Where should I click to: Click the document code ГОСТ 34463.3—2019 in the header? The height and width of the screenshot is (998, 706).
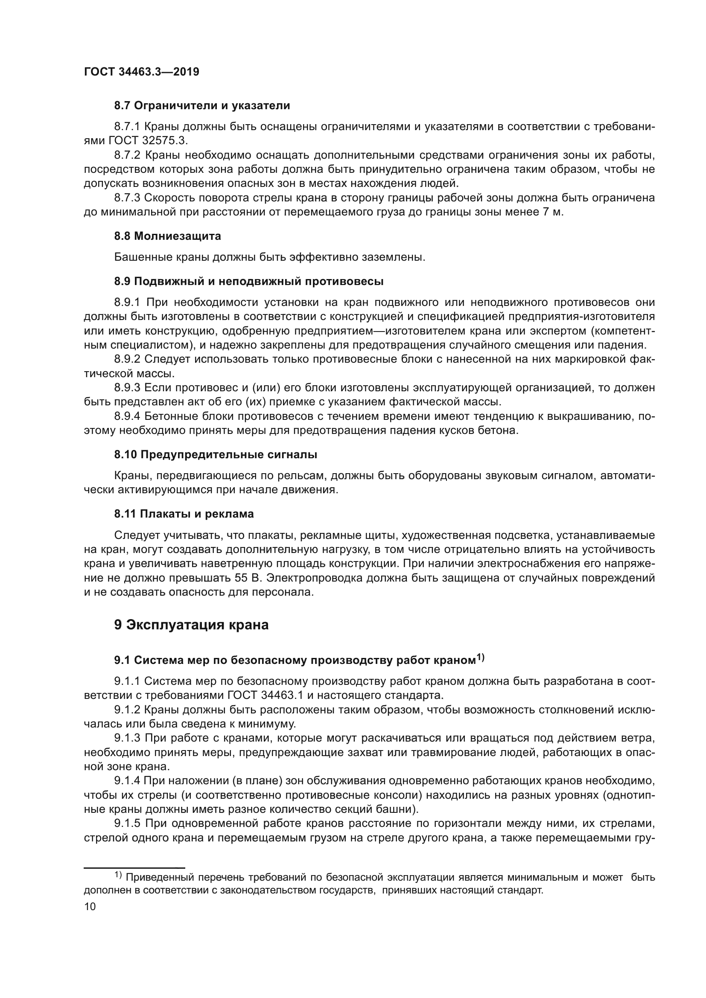141,72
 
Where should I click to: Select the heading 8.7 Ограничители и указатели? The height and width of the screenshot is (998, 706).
202,106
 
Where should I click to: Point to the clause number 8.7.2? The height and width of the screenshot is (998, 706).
127,155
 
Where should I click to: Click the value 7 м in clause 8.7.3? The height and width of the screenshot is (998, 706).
552,212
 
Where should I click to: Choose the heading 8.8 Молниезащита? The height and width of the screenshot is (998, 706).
167,236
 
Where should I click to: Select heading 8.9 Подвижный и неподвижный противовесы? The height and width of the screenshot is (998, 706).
249,281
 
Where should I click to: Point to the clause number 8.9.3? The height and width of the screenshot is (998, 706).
127,387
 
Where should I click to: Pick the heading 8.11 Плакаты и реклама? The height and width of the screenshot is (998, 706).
184,514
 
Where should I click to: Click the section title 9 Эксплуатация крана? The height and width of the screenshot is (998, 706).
191,625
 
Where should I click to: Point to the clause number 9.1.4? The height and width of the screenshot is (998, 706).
127,781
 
